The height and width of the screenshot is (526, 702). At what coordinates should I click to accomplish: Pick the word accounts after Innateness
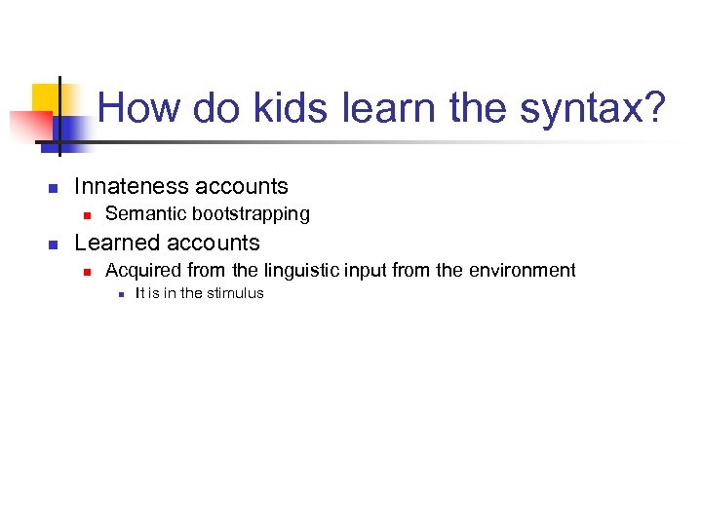[x=244, y=186]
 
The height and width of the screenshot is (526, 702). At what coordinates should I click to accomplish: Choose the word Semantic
[x=144, y=213]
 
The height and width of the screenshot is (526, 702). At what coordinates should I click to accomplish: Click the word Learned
[x=117, y=243]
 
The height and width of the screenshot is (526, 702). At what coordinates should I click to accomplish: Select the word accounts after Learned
[x=214, y=243]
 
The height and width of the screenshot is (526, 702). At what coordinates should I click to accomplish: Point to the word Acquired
[x=139, y=271]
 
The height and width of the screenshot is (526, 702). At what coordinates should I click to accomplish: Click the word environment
[x=526, y=271]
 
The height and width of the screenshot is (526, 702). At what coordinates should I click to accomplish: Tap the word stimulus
[x=235, y=293]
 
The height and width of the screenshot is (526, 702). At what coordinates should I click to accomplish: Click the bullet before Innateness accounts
[x=55, y=188]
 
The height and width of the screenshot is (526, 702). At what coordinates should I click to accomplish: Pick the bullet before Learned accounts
[x=55, y=244]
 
